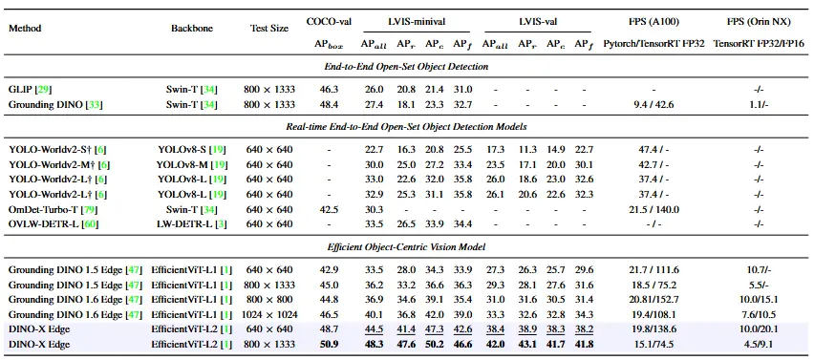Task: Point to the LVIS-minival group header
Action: [416, 19]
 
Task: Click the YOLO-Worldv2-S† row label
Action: [52, 149]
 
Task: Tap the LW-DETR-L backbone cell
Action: [187, 223]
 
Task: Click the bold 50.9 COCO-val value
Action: [329, 344]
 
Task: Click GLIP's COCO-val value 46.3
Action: [329, 88]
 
